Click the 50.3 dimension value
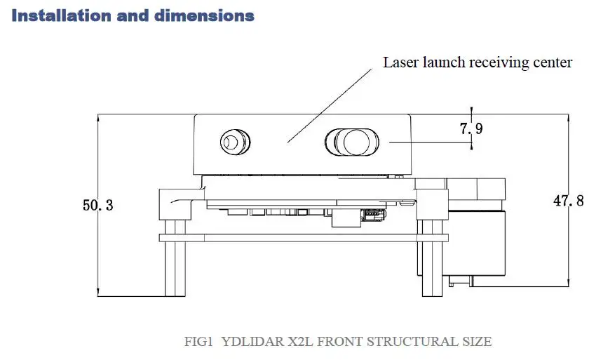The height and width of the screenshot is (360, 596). (x=98, y=206)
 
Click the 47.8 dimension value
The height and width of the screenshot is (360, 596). (x=568, y=201)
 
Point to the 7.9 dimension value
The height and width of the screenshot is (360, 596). (x=471, y=128)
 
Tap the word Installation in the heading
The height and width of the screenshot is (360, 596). (x=59, y=15)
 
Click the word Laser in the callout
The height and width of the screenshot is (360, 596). (x=400, y=62)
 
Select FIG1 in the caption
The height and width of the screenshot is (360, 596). (x=198, y=342)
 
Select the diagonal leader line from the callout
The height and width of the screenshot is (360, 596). (x=330, y=105)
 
